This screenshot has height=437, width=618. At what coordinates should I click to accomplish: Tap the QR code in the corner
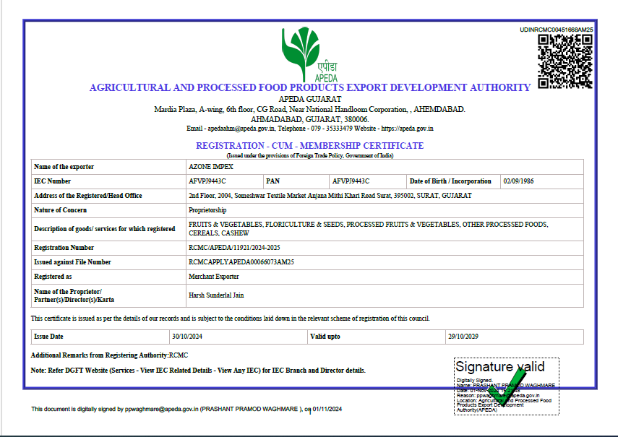(565, 61)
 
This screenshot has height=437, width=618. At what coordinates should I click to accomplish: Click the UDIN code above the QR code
(557, 30)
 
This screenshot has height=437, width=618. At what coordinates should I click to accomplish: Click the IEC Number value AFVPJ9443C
(207, 181)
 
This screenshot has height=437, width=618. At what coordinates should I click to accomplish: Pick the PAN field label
(272, 181)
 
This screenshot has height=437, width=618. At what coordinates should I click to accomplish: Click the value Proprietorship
(207, 210)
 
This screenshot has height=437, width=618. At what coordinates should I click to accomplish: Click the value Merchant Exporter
(214, 277)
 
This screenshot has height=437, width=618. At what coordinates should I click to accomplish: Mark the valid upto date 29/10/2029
(465, 337)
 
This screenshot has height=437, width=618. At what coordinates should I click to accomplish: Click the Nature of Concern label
(60, 210)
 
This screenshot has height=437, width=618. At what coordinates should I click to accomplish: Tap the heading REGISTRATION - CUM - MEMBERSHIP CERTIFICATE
(310, 146)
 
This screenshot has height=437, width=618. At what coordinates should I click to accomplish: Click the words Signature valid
(499, 367)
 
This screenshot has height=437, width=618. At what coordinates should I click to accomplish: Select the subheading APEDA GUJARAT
(309, 99)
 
